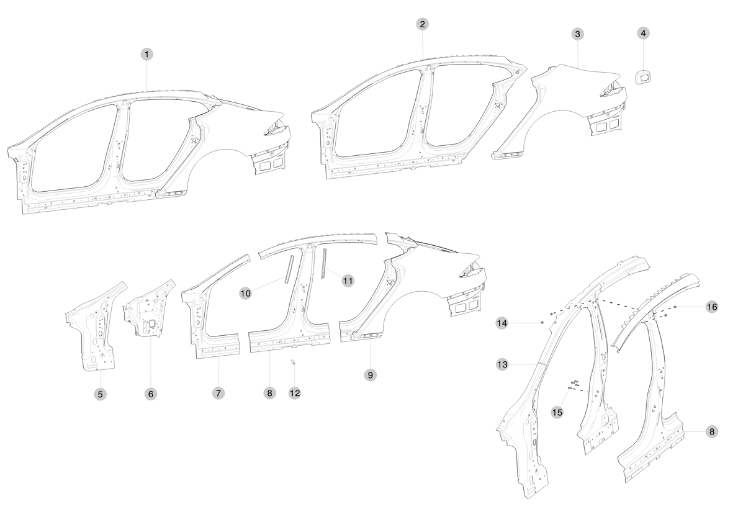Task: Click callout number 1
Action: [x=147, y=55]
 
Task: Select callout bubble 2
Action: [x=422, y=24]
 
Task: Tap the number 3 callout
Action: [x=577, y=34]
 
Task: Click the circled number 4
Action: [x=644, y=33]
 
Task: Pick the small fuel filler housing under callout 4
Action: [x=644, y=77]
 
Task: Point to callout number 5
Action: [x=100, y=394]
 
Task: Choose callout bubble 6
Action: [x=151, y=394]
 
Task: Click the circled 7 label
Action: [x=218, y=393]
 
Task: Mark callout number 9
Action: [x=371, y=375]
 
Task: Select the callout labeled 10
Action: [x=246, y=293]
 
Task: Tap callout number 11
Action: [x=348, y=281]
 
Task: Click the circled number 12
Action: [x=295, y=393]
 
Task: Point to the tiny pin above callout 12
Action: [x=292, y=362]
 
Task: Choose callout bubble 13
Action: [x=502, y=364]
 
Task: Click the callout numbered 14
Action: [x=502, y=323]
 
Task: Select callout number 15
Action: [x=557, y=412]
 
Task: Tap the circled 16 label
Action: [x=712, y=307]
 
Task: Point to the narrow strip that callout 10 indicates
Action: [x=289, y=269]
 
